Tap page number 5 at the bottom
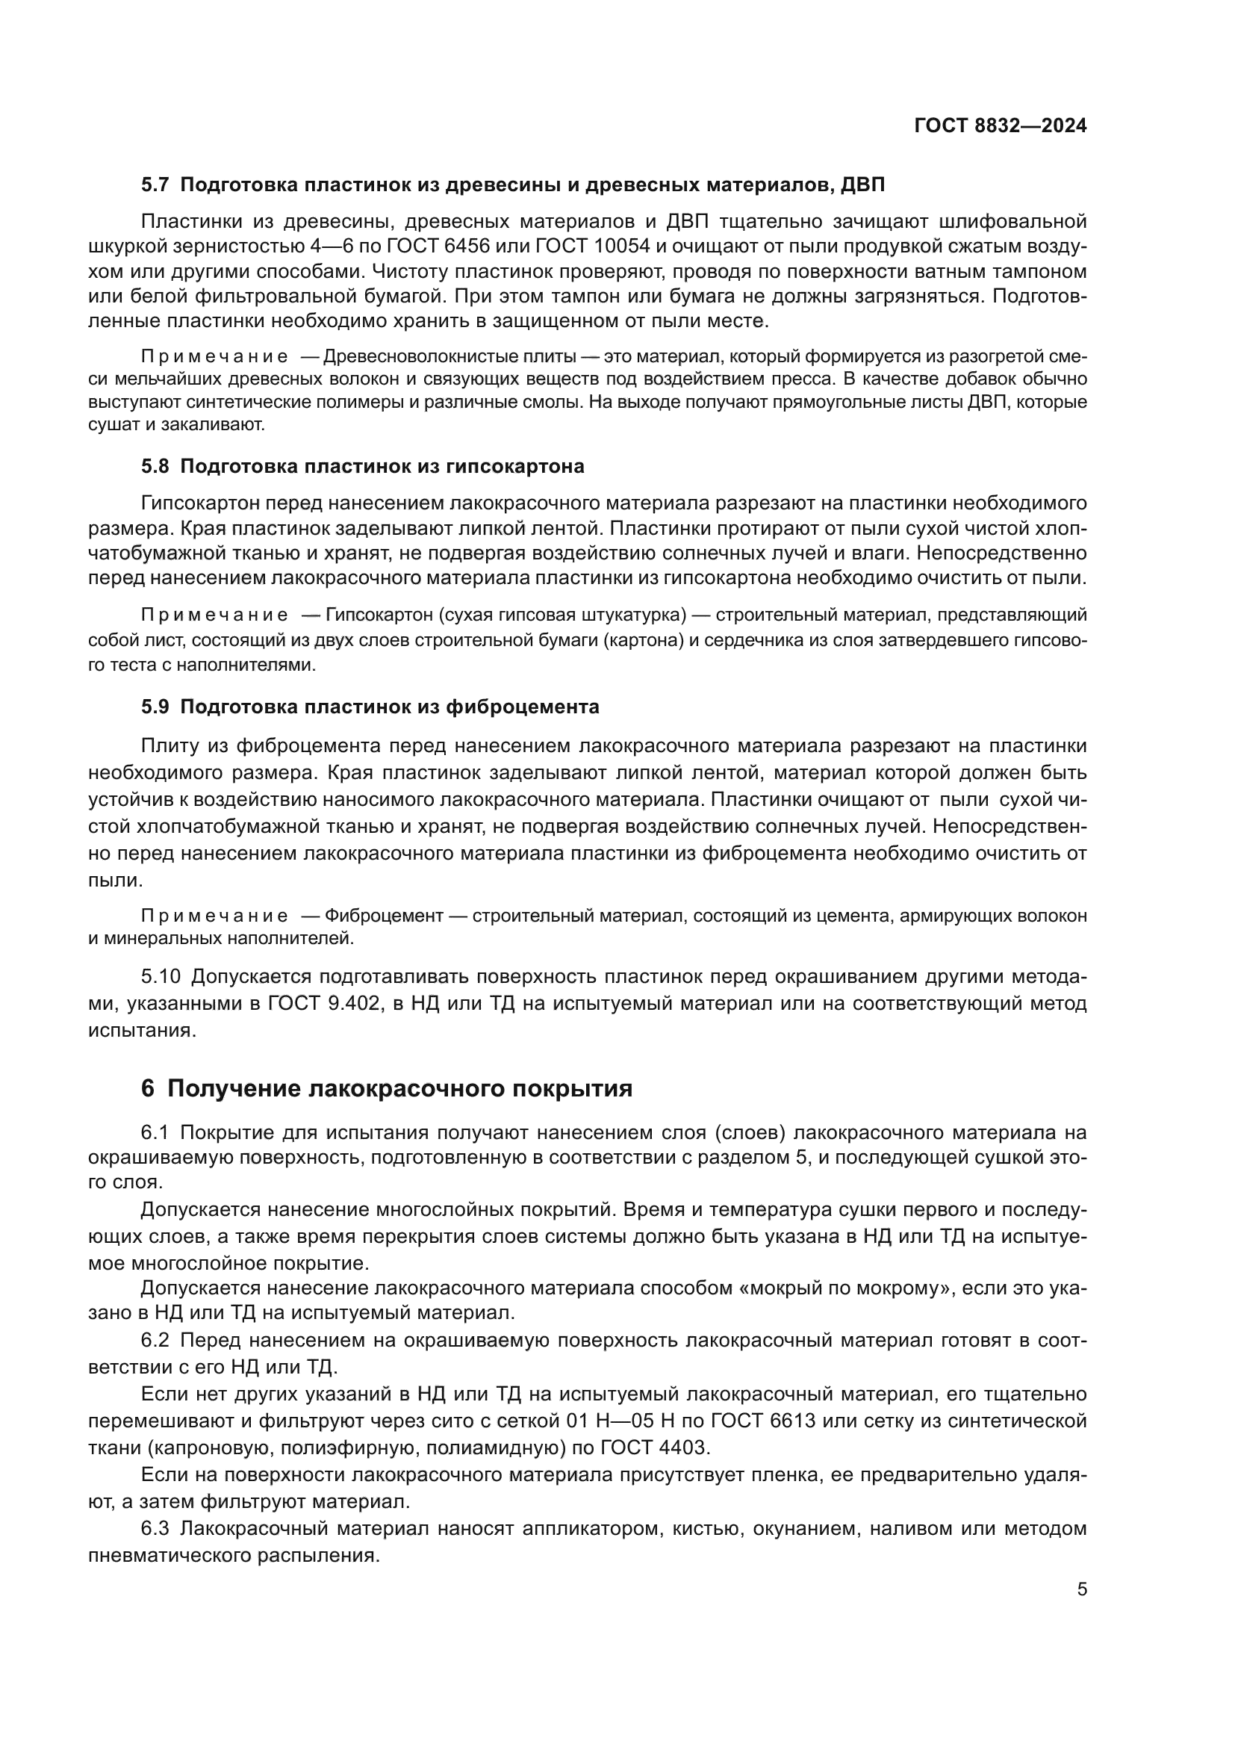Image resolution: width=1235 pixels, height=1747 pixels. pyautogui.click(x=1081, y=1589)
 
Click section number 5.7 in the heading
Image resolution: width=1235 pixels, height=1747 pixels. pyautogui.click(x=155, y=185)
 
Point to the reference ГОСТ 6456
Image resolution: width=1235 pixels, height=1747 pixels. pyautogui.click(x=434, y=246)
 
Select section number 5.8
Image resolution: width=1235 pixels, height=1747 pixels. pyautogui.click(x=155, y=465)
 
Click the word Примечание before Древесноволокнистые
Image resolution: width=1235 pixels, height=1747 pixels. pyautogui.click(x=214, y=357)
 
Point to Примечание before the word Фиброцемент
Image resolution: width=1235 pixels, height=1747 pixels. pyautogui.click(x=214, y=916)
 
